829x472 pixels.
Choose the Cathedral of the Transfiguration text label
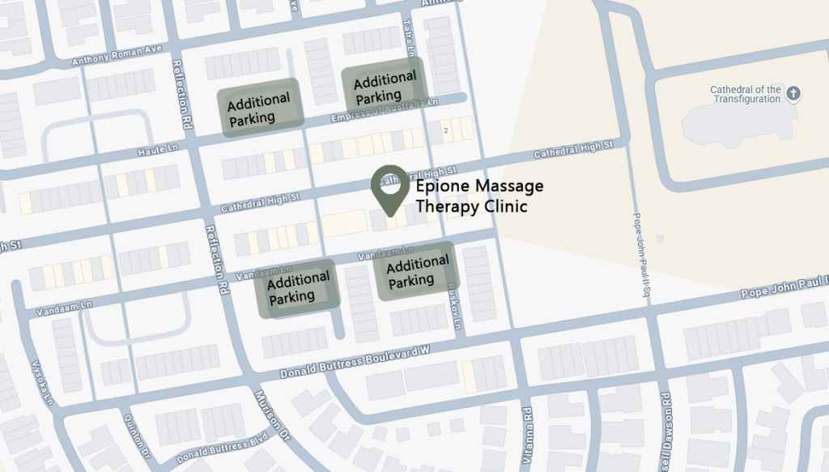point(745,94)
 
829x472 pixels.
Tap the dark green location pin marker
point(389,188)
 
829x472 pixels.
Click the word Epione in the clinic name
point(441,187)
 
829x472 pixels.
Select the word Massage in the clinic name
point(508,187)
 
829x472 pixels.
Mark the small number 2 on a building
point(445,130)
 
